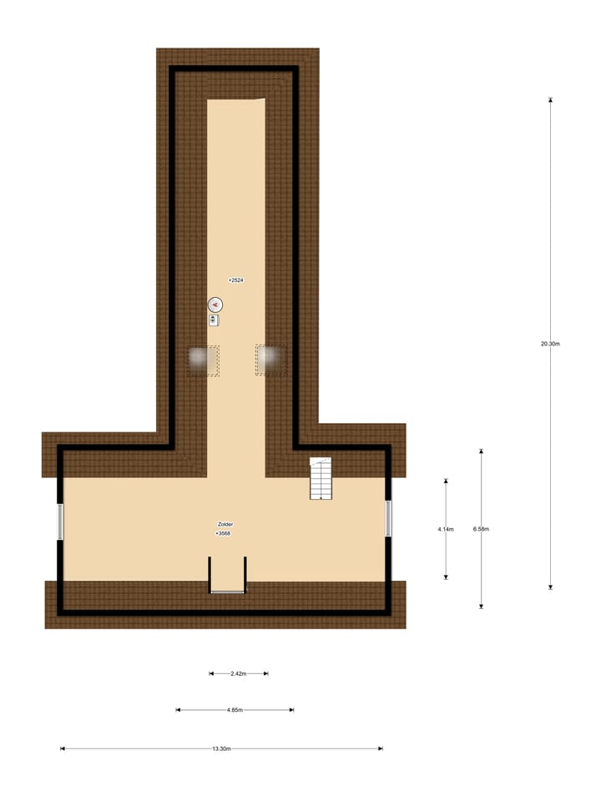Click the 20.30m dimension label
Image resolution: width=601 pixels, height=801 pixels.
coord(550,344)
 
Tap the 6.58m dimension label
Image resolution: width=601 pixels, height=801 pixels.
coord(481,529)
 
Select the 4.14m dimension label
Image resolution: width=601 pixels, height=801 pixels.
coord(446,529)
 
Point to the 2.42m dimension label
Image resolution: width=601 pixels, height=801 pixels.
coord(238,674)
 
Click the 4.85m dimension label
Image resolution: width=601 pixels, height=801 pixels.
coord(235,710)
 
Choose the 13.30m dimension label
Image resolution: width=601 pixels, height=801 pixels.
coord(222,749)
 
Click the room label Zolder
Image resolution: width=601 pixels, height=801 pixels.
coord(225,524)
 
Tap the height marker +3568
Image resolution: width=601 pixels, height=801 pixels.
coord(224,533)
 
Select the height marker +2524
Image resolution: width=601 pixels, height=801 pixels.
coord(236,280)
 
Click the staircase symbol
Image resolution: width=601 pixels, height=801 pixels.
coord(321,479)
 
